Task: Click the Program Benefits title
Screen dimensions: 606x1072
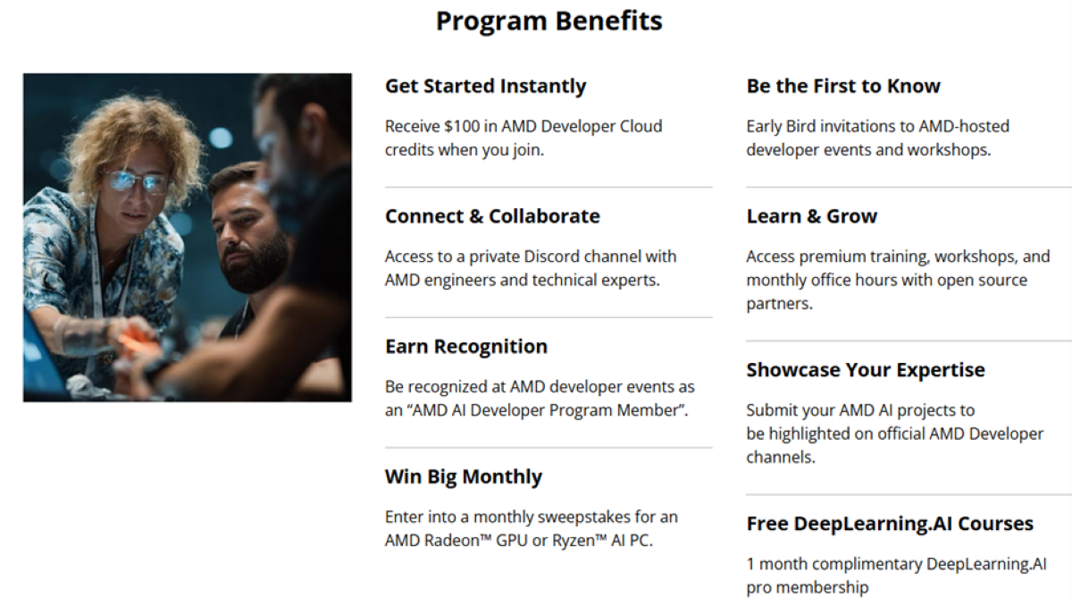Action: click(549, 21)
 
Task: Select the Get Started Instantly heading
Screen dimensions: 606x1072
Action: click(485, 87)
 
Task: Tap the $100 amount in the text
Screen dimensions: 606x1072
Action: click(463, 127)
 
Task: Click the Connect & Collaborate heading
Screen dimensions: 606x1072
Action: click(492, 216)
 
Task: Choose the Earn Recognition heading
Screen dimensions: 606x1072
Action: click(465, 347)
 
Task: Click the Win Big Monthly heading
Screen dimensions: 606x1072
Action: click(463, 477)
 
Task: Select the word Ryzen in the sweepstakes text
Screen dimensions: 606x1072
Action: click(574, 541)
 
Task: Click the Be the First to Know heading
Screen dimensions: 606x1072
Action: click(842, 87)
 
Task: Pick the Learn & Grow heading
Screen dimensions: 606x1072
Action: click(811, 216)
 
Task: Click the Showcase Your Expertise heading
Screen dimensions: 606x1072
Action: click(865, 370)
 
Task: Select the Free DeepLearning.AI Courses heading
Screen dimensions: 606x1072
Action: click(889, 524)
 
